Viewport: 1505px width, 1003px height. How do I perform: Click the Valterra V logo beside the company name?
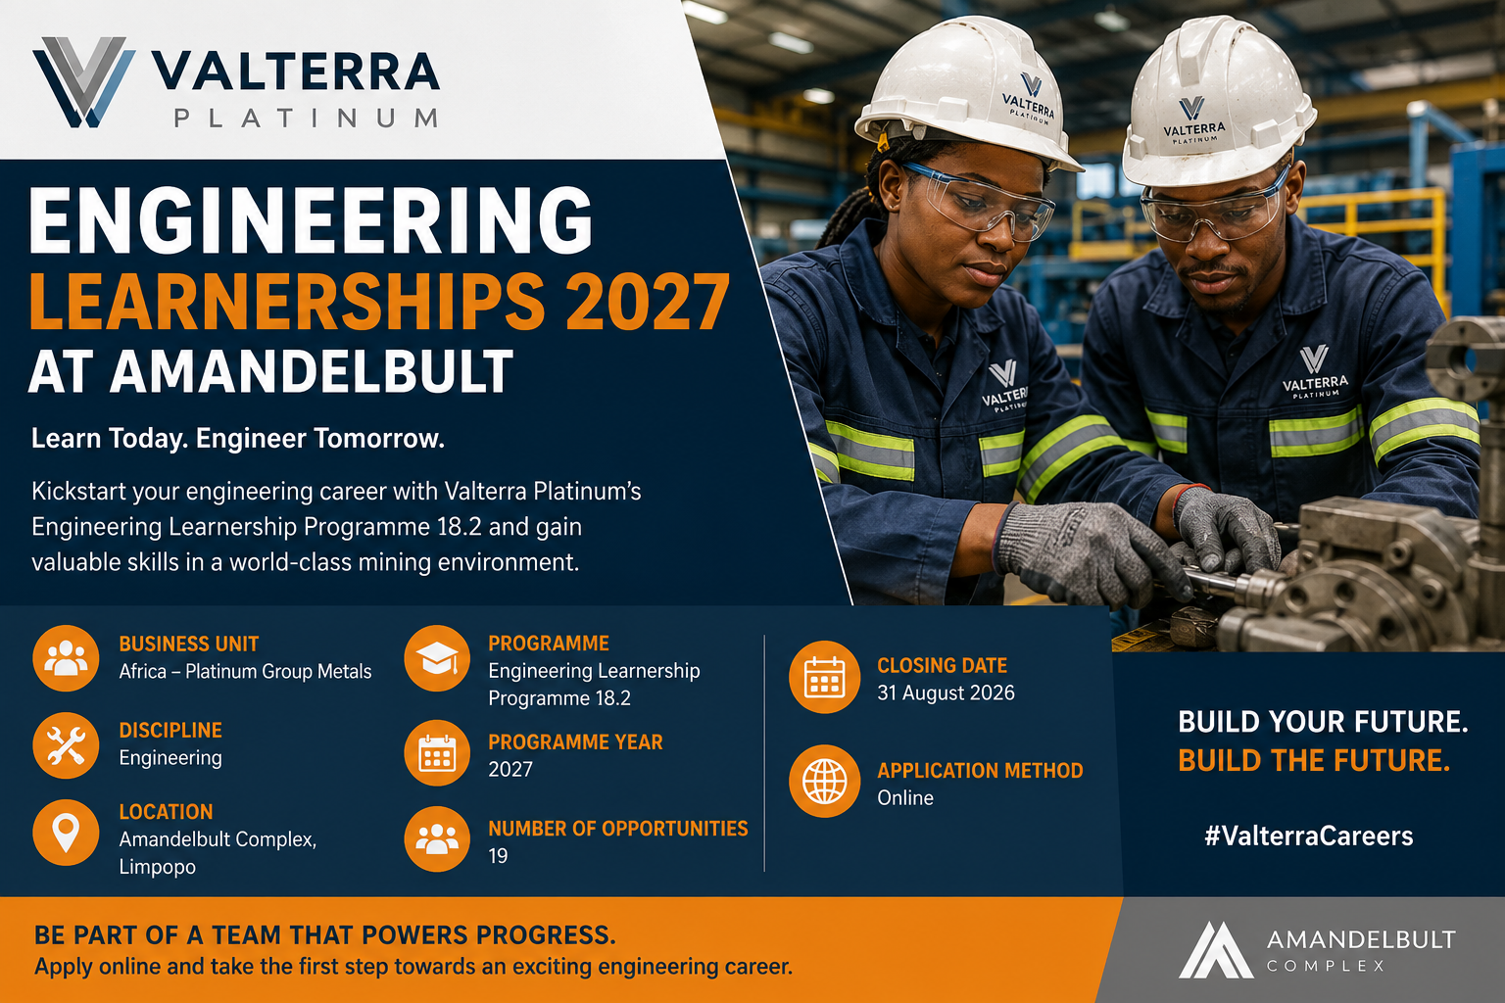click(x=84, y=82)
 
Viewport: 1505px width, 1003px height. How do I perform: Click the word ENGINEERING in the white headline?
click(x=311, y=219)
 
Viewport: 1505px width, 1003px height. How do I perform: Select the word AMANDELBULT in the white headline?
click(x=313, y=371)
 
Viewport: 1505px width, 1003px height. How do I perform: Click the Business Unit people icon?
click(x=66, y=658)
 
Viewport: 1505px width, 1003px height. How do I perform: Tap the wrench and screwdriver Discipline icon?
click(x=66, y=745)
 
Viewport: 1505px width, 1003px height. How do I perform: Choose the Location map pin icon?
click(x=66, y=832)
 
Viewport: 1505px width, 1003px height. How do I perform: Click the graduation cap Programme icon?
click(x=437, y=658)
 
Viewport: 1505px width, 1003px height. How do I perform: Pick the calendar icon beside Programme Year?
click(x=437, y=753)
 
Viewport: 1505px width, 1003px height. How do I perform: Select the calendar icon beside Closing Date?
click(x=824, y=677)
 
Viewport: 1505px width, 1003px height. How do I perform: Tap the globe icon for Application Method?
click(x=824, y=782)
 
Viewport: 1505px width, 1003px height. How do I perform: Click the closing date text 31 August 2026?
click(x=946, y=693)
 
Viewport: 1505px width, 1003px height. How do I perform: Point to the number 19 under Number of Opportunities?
click(x=498, y=856)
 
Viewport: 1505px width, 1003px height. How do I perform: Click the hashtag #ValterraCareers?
click(x=1309, y=836)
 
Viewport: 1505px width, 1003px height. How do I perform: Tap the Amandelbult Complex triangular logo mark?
click(x=1216, y=950)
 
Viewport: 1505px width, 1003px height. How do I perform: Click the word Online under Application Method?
click(x=905, y=798)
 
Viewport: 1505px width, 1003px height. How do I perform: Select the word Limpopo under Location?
click(x=157, y=867)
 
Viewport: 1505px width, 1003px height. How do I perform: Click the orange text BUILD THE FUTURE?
click(x=1314, y=760)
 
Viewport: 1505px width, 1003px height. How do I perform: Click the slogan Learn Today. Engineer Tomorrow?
click(x=238, y=439)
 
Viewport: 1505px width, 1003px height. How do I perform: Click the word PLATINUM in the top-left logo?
click(x=307, y=119)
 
